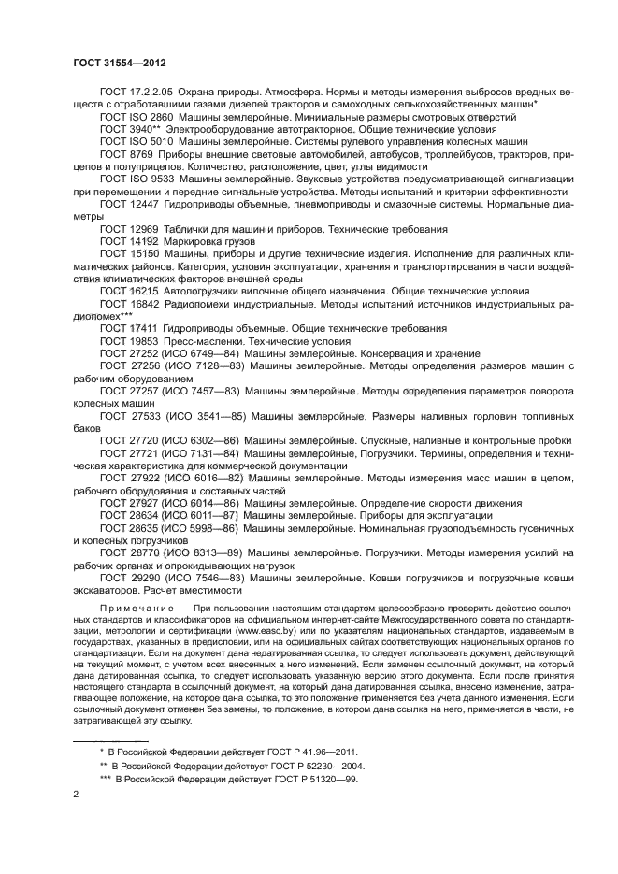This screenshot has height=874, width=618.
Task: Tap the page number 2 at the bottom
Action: click(76, 794)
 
